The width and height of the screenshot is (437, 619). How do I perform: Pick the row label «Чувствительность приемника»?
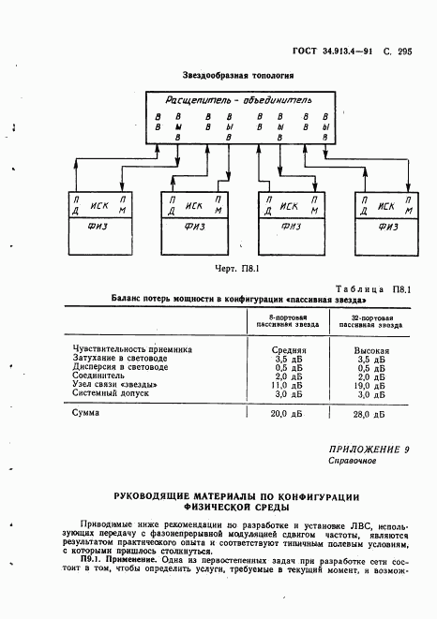pyautogui.click(x=132, y=349)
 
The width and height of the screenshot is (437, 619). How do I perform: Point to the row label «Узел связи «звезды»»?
pyautogui.click(x=121, y=384)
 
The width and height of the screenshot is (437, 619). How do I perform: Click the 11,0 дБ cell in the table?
pyautogui.click(x=283, y=384)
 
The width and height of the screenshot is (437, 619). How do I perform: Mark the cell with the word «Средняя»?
pyautogui.click(x=283, y=349)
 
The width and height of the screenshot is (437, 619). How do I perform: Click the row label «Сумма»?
pyautogui.click(x=87, y=412)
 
